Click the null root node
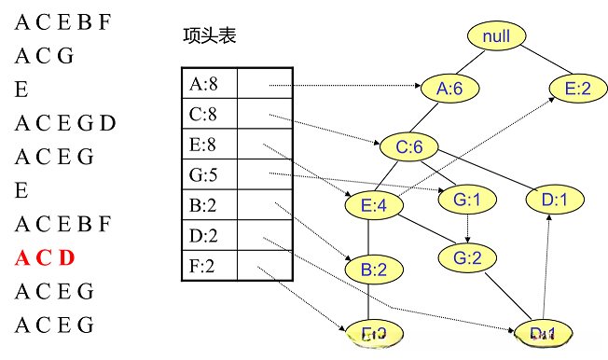[496, 36]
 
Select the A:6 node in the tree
[449, 89]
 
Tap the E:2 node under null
[577, 89]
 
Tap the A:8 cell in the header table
[208, 85]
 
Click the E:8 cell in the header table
[208, 145]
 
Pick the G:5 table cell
[208, 174]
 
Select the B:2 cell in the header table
[208, 204]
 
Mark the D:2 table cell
[208, 235]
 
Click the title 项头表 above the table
[210, 36]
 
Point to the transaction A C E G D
[65, 123]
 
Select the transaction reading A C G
[44, 56]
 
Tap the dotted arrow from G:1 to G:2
[465, 228]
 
